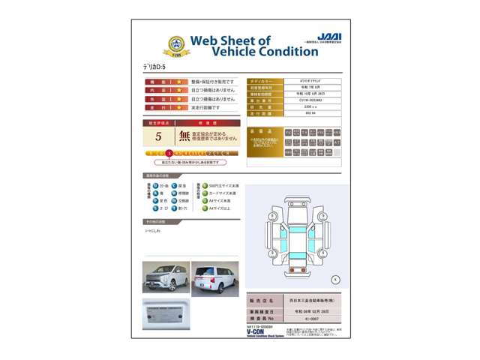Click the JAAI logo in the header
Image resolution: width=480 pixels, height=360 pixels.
coord(328,37)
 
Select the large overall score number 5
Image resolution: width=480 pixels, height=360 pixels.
coord(158,136)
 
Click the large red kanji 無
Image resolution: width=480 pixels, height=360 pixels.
coord(184,136)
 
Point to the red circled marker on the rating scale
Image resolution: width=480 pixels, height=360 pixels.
coord(169,153)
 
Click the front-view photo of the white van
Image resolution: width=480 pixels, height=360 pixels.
coord(166,278)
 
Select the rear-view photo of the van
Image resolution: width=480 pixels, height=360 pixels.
coord(215,278)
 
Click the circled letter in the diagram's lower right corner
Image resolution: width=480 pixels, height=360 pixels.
coord(335,279)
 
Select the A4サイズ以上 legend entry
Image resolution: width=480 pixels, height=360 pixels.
coord(219,208)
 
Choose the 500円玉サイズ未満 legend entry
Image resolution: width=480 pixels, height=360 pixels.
coord(223,185)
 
